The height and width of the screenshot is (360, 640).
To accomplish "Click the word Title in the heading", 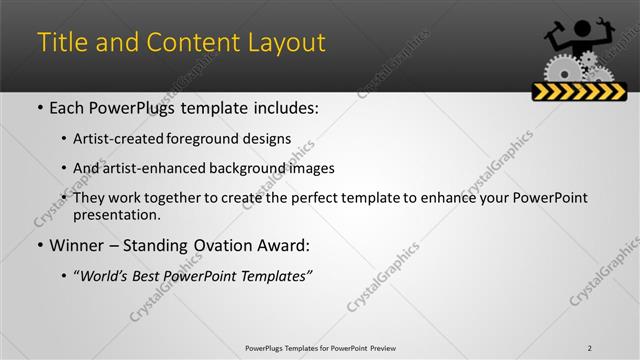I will coord(59,43).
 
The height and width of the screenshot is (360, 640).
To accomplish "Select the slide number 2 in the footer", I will coord(589,348).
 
